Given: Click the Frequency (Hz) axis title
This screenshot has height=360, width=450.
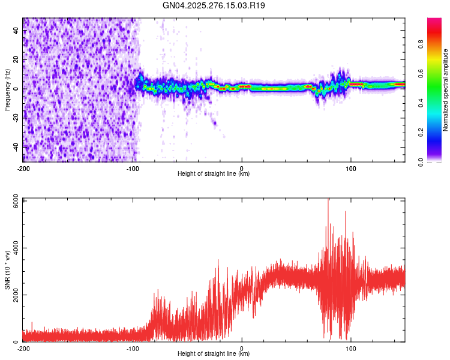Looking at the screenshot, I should tap(7, 90).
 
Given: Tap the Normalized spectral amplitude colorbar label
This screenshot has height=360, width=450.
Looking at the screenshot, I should tap(446, 90).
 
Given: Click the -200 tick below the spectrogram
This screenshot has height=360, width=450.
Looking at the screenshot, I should tap(23, 167).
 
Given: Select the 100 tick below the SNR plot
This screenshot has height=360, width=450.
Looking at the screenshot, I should tap(351, 348).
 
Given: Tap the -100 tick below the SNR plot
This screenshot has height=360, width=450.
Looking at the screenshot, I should tap(132, 348).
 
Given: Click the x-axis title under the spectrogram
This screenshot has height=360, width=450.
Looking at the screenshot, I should tap(214, 174).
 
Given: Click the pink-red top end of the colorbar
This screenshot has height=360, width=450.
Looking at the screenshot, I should tap(435, 21).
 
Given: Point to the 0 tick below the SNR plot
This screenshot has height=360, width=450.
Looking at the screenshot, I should tap(242, 348).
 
